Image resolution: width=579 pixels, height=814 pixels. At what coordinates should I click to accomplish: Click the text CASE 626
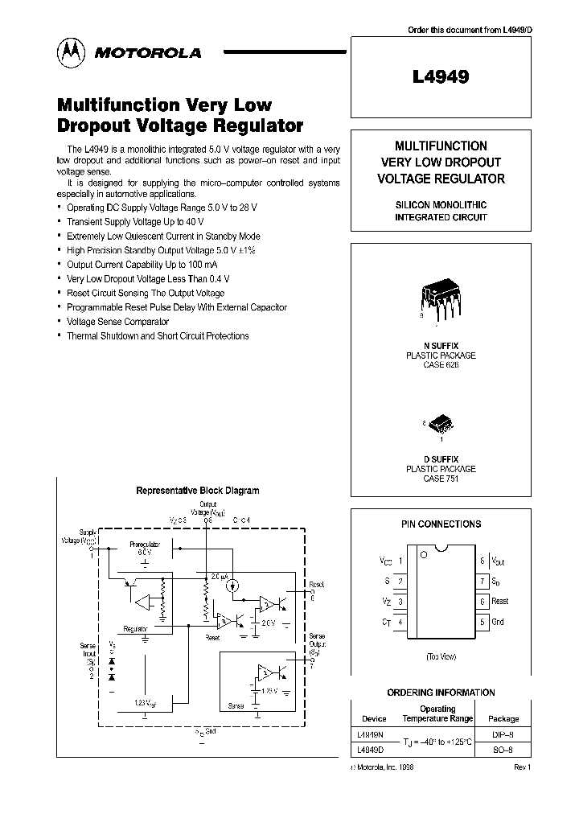point(441,364)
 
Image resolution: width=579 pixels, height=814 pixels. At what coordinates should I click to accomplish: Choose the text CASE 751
point(441,478)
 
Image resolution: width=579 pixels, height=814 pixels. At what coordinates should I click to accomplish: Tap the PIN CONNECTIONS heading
point(441,524)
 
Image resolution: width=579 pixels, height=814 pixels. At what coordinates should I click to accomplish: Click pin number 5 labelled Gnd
point(482,621)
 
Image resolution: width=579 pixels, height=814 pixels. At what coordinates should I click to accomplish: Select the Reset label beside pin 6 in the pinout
point(499,601)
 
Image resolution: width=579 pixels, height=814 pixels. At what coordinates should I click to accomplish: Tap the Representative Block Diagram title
point(197,490)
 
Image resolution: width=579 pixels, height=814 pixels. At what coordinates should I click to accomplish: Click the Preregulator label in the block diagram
point(145,545)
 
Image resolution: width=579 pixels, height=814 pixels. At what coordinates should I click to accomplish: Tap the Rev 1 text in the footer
point(522,767)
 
